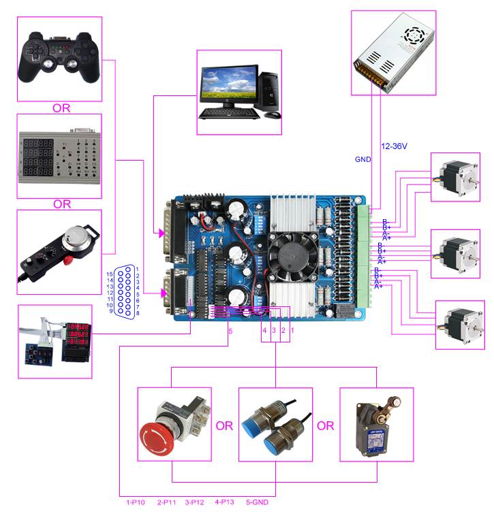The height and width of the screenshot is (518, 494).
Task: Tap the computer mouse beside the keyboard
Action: tap(272, 114)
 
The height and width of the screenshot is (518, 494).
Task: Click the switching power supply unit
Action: tap(393, 52)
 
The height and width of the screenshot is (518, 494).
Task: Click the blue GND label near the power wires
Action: tap(362, 159)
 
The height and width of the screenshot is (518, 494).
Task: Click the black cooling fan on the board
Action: tap(289, 253)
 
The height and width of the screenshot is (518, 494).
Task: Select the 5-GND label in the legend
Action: tap(258, 503)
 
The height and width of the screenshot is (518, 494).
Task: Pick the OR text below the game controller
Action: tap(61, 108)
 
